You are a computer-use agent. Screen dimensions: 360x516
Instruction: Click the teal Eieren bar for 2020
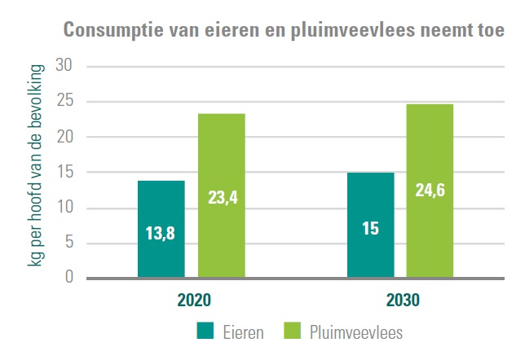click(161, 204)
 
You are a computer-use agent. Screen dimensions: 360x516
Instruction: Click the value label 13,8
click(161, 234)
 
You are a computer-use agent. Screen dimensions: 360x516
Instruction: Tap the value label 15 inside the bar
click(370, 229)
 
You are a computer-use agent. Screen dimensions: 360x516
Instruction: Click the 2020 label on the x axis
click(194, 299)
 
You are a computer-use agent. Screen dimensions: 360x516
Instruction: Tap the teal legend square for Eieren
click(205, 331)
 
